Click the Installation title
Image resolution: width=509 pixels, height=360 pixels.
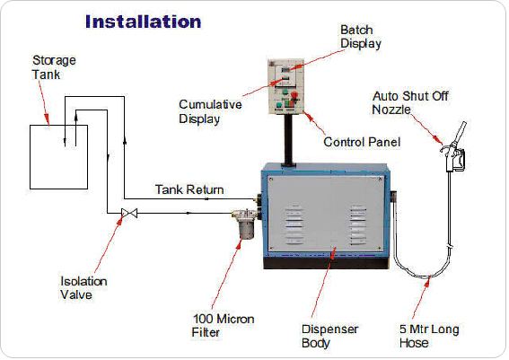point(143,22)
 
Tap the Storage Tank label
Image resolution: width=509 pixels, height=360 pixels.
point(54,67)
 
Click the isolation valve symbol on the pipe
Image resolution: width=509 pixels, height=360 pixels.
point(129,214)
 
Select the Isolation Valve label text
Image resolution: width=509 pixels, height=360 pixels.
point(83,288)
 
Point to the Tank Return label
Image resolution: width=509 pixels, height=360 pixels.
point(189,189)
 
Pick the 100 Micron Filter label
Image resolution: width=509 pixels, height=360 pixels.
point(223,325)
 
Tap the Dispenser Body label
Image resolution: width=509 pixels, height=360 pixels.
point(329,336)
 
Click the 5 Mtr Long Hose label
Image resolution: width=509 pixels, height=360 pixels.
point(429,336)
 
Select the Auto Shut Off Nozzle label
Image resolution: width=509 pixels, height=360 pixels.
point(410,102)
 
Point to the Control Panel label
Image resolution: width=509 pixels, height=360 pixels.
point(362,142)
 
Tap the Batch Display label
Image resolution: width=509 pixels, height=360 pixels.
point(361,37)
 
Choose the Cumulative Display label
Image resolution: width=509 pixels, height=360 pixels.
point(210,111)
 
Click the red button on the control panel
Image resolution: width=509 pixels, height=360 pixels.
point(294,95)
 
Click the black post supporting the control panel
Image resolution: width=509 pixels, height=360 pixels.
point(288,140)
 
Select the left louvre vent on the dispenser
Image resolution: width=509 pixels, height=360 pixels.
point(294,224)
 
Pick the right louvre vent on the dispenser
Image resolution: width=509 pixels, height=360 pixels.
point(358,224)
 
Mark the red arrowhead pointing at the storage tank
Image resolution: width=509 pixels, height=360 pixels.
point(47,119)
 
